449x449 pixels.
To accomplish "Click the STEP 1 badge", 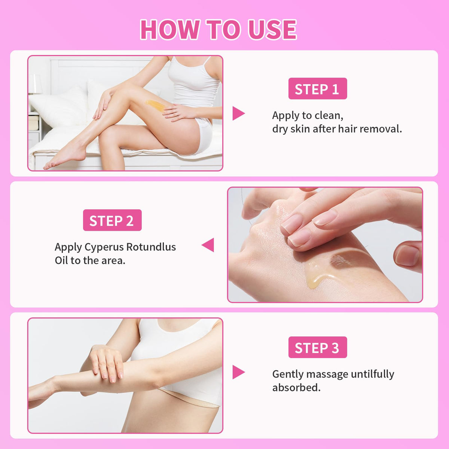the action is coord(318,89).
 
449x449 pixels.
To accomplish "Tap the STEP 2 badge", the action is coord(112,220).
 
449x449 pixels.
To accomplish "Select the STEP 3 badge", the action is coord(318,347).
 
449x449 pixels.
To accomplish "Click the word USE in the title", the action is coord(272,30).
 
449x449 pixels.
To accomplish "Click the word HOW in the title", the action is coord(170,30).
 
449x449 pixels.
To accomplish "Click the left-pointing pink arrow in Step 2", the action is coord(208,245).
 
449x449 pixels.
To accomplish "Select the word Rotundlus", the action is coord(151,247).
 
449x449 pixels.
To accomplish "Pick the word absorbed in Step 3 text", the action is coord(296,388).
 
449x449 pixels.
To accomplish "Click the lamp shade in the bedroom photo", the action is coord(35,84).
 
